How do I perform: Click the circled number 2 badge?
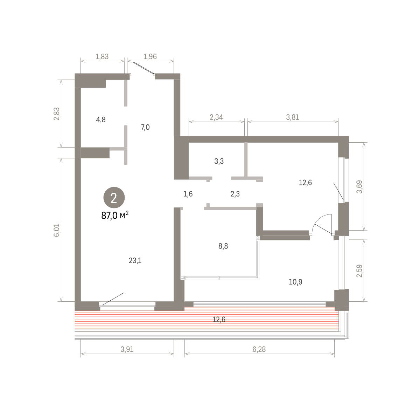coord(114,198)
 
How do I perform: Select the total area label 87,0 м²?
coord(115,216)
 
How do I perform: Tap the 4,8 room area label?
coord(101,119)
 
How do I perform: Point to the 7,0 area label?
coord(145,127)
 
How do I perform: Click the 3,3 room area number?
coord(219,161)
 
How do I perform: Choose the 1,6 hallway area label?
coord(188,194)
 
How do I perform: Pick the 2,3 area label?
coord(235,194)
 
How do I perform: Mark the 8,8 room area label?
coord(223,246)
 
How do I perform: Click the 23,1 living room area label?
coord(135,261)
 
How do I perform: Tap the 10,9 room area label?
coord(295,282)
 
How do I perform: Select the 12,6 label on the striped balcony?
coord(219,320)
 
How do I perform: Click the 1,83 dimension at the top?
coord(102,57)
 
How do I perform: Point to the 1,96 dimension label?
coord(150,57)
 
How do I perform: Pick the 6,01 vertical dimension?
coord(57,230)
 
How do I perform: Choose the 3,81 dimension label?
coord(293,117)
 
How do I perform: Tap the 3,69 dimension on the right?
coord(359,187)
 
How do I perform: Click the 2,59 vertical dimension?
coord(359,271)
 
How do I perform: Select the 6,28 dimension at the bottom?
coord(259,349)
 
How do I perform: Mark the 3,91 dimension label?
coord(127,349)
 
